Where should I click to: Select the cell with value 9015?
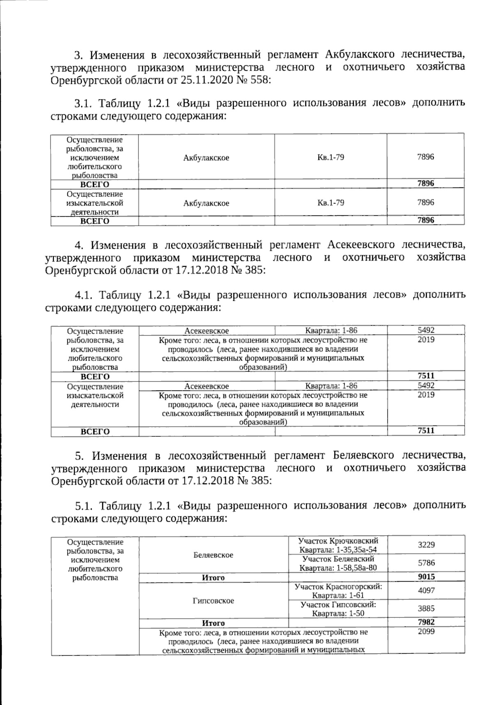pyautogui.click(x=426, y=576)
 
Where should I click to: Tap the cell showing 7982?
pyautogui.click(x=426, y=622)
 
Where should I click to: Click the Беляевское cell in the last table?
pyautogui.click(x=213, y=555)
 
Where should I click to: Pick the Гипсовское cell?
pyautogui.click(x=213, y=601)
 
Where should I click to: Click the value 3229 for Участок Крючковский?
pyautogui.click(x=426, y=545)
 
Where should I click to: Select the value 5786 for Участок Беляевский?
pyautogui.click(x=426, y=563)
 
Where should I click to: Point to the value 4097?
pyautogui.click(x=426, y=591)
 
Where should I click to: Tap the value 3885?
pyautogui.click(x=426, y=609)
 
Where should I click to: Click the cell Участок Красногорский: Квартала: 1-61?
pyautogui.click(x=338, y=591)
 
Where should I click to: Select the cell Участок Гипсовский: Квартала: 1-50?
pyautogui.click(x=338, y=609)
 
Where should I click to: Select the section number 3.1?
pyautogui.click(x=84, y=103)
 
